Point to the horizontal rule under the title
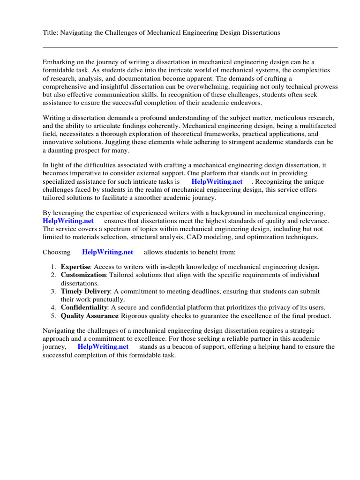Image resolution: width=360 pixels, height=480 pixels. click(190, 47)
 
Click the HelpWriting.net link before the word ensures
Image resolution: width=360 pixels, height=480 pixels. click(68, 221)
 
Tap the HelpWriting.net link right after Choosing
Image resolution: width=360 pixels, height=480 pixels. click(107, 252)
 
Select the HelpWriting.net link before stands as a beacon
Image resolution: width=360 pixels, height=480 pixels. click(103, 347)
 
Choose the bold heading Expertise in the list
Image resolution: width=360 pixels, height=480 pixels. click(75, 267)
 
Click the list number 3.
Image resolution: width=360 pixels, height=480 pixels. click(53, 292)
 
